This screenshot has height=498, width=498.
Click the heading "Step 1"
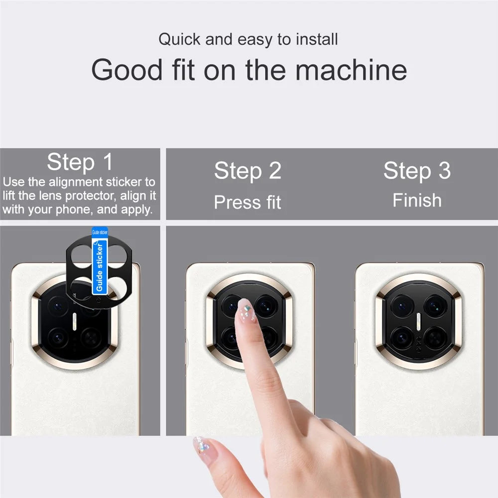click(x=80, y=162)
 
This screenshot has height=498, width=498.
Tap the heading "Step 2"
click(x=248, y=170)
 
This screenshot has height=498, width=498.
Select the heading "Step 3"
click(x=417, y=170)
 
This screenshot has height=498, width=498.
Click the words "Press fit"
click(x=248, y=202)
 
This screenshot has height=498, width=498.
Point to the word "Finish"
click(x=417, y=200)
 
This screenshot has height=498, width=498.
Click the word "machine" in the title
click(x=351, y=70)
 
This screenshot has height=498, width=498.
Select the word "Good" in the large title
click(x=127, y=70)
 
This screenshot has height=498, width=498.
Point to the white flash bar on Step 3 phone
click(x=418, y=321)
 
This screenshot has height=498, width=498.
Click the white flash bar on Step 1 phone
click(x=75, y=321)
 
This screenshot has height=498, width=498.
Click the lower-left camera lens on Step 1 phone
click(x=58, y=337)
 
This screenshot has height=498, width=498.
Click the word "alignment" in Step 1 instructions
click(x=76, y=182)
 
